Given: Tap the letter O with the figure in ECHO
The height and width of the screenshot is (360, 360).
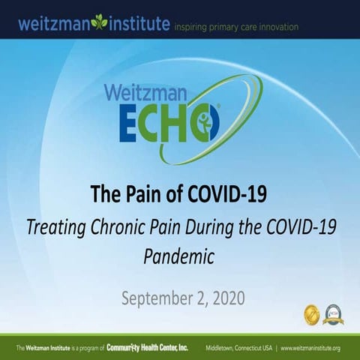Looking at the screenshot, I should click(x=205, y=123).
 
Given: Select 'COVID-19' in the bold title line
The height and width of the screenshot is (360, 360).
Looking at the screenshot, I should click(x=229, y=194).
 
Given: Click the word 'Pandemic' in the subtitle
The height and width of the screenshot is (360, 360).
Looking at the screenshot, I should click(x=179, y=257).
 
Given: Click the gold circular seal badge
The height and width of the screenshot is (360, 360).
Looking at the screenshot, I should click(x=311, y=314).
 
